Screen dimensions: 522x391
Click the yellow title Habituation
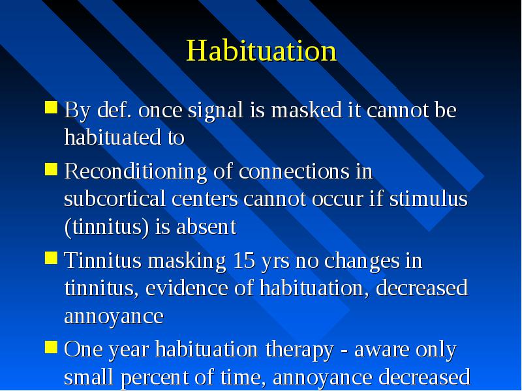[x=262, y=51]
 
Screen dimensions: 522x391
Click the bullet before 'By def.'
[x=52, y=108]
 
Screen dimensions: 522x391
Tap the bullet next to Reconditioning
[x=52, y=169]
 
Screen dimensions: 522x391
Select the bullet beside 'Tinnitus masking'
[x=52, y=258]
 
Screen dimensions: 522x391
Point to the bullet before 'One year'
[x=52, y=347]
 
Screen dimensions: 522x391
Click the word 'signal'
[x=216, y=111]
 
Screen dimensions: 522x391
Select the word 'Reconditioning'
[x=136, y=172]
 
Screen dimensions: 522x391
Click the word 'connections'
[x=294, y=171]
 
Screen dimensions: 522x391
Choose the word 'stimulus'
[x=429, y=199]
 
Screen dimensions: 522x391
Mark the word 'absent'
[x=206, y=227]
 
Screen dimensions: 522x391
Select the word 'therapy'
[x=299, y=351]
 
